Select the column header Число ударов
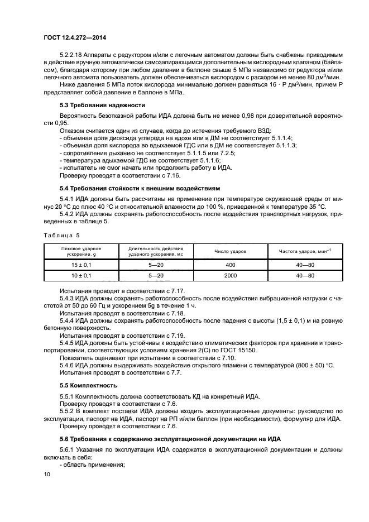pyautogui.click(x=230, y=252)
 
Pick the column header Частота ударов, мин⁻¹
pyautogui.click(x=305, y=252)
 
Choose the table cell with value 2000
pyautogui.click(x=230, y=276)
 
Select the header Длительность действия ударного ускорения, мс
pyautogui.click(x=155, y=252)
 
